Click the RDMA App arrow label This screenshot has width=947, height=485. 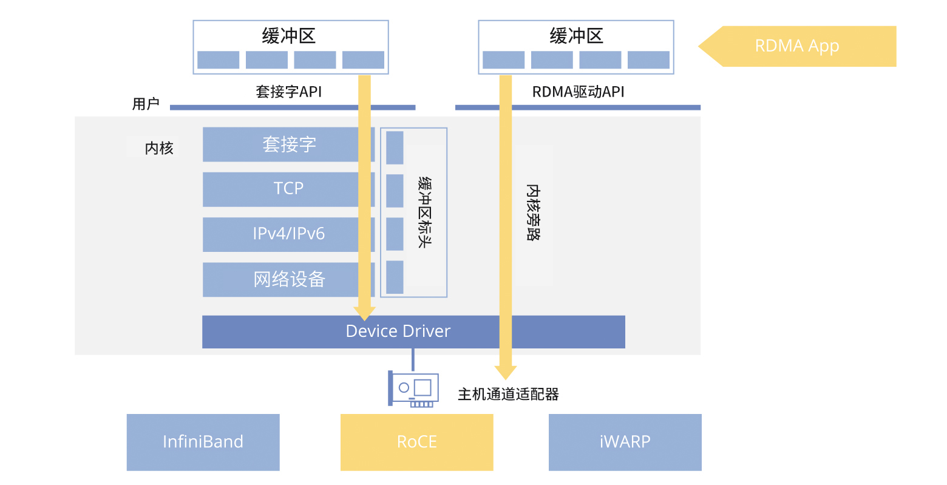tap(796, 46)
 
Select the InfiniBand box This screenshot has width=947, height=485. tap(203, 442)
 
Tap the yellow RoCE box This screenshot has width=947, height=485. tap(416, 442)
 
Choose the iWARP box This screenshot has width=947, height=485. tap(625, 442)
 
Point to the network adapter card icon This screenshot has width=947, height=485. tap(414, 389)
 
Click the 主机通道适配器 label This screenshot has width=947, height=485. tap(508, 395)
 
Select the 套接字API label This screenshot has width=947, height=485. tap(288, 92)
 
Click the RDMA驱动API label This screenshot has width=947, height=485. tap(578, 92)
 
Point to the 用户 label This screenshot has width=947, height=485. tap(146, 104)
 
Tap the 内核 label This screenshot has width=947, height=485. tap(159, 148)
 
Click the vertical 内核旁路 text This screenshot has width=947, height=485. tap(533, 212)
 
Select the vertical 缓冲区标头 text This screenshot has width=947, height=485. tap(425, 212)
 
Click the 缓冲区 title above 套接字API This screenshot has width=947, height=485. tap(288, 36)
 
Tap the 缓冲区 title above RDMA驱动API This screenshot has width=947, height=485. tap(576, 36)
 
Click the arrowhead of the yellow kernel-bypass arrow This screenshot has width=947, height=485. tap(505, 372)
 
